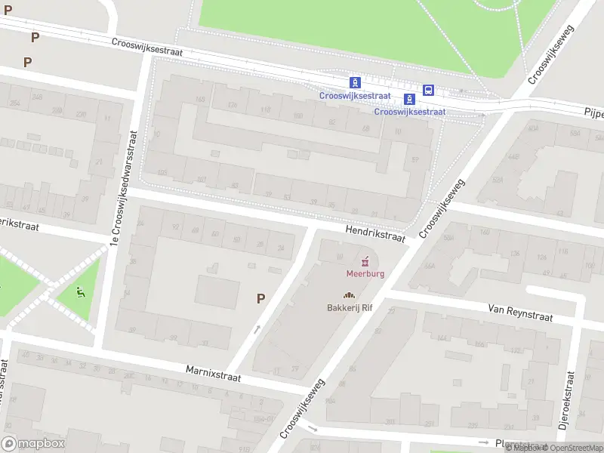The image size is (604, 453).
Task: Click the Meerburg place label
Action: [365, 273]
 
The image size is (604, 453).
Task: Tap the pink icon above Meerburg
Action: [366, 261]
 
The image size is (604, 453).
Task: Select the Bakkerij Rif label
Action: [350, 307]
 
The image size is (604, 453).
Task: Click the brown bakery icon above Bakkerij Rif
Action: [349, 295]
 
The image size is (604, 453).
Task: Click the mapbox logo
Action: [33, 444]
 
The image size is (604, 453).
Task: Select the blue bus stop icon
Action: [428, 90]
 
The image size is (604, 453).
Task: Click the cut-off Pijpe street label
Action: [593, 112]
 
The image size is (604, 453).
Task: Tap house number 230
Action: [80, 114]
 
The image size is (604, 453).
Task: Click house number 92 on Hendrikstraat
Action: [176, 226]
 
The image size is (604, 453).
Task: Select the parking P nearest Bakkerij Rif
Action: [260, 298]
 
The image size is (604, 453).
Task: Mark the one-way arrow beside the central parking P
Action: [257, 328]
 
